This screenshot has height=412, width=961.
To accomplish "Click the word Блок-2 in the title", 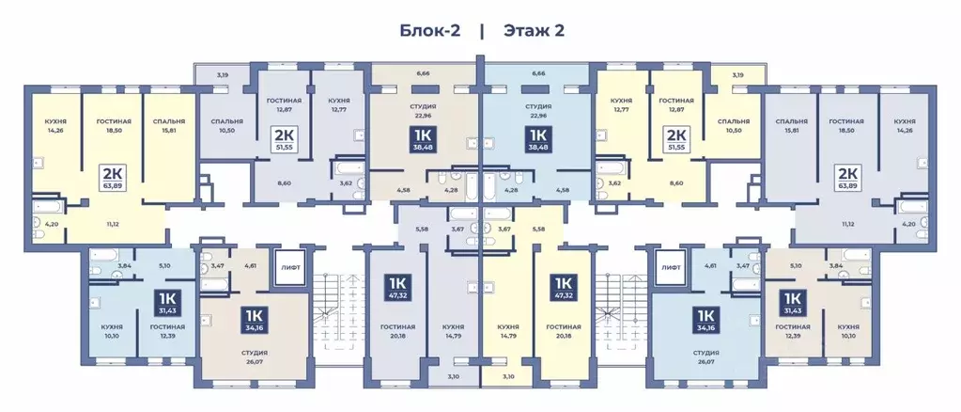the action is pos(430,30).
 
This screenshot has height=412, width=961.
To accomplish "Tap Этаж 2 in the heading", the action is pos(534,30).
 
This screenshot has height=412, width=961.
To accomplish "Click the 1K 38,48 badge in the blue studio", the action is pos(537,140).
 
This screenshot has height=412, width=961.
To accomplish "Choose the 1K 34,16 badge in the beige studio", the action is pos(253,320).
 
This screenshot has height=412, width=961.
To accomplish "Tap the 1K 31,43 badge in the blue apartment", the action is pos(167,302).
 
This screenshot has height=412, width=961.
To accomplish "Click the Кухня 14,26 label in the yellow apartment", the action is pos(55,125).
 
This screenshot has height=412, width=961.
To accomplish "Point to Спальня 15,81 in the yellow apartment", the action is pos(169,125).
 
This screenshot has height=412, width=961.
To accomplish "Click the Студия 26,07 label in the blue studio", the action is pos(706,357).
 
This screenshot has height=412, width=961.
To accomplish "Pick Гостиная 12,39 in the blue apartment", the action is pos(167,331).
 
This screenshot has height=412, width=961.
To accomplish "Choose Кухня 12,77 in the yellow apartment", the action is pos(621,104).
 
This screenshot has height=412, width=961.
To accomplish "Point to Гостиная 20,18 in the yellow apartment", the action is pos(564,331).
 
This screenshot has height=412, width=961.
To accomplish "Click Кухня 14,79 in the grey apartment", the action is pos(453,331).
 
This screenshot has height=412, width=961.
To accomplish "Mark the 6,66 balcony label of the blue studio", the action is pos(538,73).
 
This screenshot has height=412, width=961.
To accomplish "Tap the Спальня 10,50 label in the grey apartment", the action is pos(226,125).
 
